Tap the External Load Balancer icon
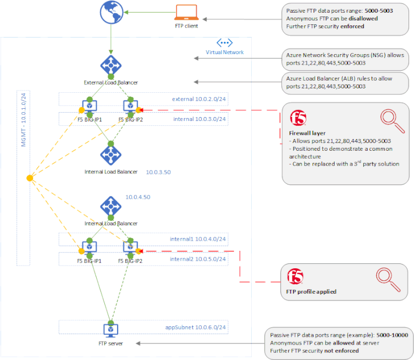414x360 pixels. pyautogui.click(x=110, y=65)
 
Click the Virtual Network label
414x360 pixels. pyautogui.click(x=225, y=52)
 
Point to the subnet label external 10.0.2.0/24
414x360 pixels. pyautogui.click(x=199, y=99)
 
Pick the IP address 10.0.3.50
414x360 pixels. pyautogui.click(x=158, y=172)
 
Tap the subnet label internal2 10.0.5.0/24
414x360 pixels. pyautogui.click(x=198, y=259)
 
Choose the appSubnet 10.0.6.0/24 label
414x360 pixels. pyautogui.click(x=197, y=327)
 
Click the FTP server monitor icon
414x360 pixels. pyautogui.click(x=110, y=330)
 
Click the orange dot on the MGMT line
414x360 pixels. pyautogui.click(x=29, y=178)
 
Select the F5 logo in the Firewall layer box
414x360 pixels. pyautogui.click(x=298, y=118)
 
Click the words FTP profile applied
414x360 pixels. pyautogui.click(x=311, y=292)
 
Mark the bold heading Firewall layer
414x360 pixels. pyautogui.click(x=308, y=133)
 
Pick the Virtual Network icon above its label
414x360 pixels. pyautogui.click(x=225, y=43)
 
